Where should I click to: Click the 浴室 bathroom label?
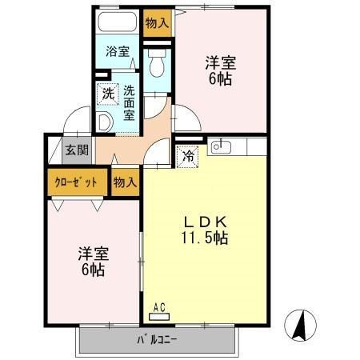tap(118, 51)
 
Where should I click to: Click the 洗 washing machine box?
tap(107, 94)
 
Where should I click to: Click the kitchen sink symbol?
tap(221, 147)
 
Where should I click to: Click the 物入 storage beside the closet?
tap(125, 182)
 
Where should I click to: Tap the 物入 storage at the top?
tap(157, 22)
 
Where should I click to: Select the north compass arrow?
tap(300, 325)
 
